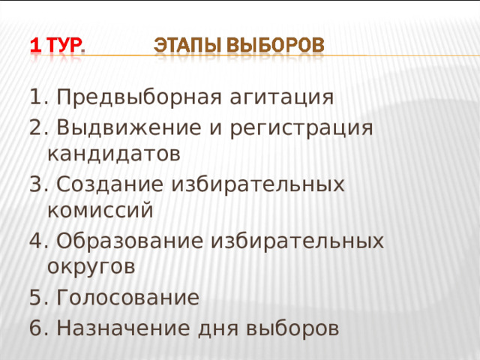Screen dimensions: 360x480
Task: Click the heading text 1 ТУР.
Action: pos(57,46)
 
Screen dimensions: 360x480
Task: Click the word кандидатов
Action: pos(112,154)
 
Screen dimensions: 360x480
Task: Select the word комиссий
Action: pos(100,211)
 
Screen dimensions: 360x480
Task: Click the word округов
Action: pos(91,267)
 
